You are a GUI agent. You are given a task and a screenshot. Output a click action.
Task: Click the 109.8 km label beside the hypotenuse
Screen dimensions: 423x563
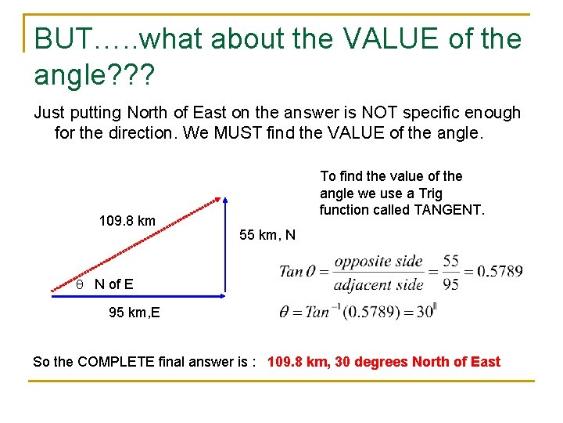tap(127, 221)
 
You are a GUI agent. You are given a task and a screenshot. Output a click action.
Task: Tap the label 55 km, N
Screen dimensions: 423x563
tap(267, 235)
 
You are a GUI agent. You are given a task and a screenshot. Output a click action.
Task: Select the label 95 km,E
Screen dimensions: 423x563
tap(134, 313)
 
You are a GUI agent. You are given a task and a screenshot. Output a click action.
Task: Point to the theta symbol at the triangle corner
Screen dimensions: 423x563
tap(79, 284)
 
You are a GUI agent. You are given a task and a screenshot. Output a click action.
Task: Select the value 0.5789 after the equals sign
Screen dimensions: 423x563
tap(500, 272)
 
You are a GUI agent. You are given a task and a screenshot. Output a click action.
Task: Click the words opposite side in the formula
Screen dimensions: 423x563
tap(378, 262)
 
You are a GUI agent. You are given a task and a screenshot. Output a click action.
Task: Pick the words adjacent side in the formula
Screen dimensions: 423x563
tap(378, 284)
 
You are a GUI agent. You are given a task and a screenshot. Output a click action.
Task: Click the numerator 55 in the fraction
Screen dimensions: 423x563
tap(451, 261)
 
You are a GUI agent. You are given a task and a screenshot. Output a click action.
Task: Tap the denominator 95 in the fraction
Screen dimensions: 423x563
tap(451, 284)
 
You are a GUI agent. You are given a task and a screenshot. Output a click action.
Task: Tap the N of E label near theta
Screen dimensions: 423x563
tap(113, 284)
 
